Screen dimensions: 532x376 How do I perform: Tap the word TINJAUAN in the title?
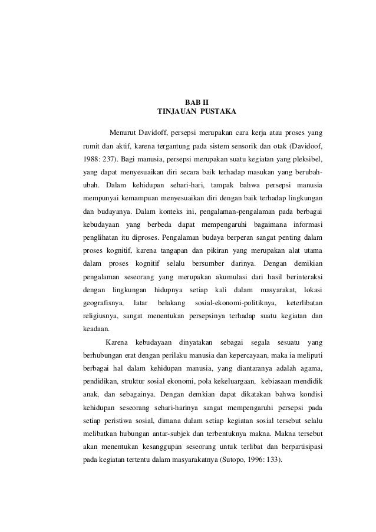point(175,112)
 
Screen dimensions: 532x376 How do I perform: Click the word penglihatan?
point(102,240)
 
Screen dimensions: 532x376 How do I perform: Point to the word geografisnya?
point(102,303)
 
